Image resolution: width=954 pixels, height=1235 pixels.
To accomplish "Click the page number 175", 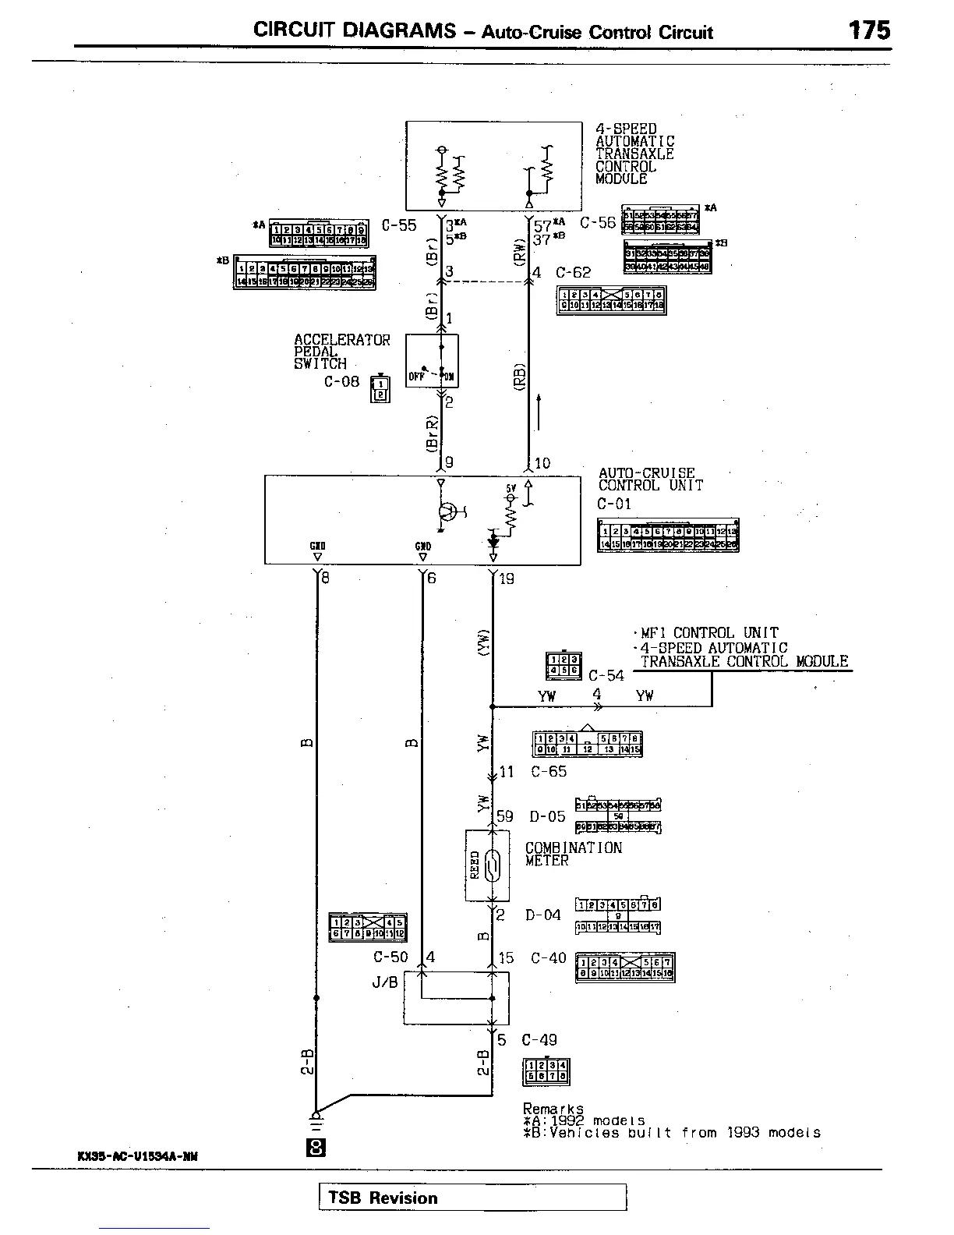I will coord(869,30).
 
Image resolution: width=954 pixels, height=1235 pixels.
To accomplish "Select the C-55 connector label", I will coord(399,226).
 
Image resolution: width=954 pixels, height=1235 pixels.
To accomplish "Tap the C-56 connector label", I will coord(598,223).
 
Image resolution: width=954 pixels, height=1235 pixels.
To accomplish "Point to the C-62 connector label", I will coord(573,273).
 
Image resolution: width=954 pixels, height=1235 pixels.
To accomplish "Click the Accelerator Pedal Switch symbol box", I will coord(432,361).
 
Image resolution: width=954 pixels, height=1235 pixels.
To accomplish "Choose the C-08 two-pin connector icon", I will coord(380,387).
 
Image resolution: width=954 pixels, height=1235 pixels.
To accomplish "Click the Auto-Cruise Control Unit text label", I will coord(650,479).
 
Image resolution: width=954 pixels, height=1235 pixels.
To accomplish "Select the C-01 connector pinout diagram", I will coord(668,536).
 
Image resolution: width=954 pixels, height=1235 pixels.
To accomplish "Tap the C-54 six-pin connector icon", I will coord(563,664).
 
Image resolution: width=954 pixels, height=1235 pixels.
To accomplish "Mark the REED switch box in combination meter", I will coord(487,865).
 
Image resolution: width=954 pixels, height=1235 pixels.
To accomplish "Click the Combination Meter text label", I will coord(573,854).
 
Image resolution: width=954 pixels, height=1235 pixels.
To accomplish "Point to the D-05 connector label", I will coord(547,817).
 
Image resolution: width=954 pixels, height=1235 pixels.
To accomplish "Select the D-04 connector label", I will coord(542,915).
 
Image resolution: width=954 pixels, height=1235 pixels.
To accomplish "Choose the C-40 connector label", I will coord(548,958).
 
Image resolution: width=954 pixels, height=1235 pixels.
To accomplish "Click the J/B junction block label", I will coord(384,982).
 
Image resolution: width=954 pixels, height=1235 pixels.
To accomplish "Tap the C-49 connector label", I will coord(539,1040).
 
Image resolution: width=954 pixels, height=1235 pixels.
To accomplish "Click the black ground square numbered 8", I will coord(316,1148).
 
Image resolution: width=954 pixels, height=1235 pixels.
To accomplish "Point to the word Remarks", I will coord(553,1109).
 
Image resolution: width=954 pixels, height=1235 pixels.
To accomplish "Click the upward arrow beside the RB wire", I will coord(539,412).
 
